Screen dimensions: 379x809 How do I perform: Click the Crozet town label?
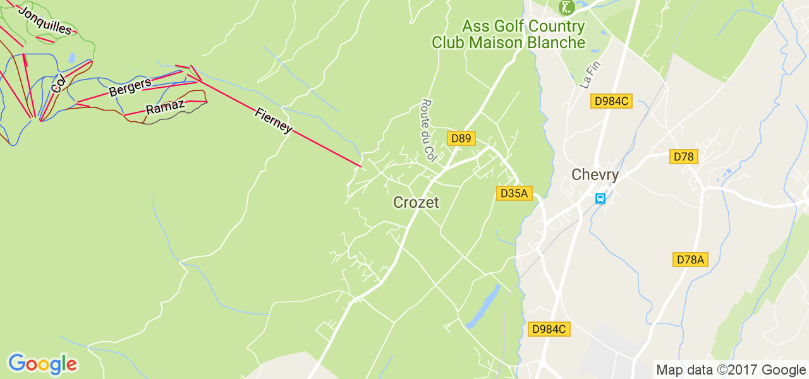(416, 202)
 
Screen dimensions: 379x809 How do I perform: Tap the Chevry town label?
(595, 175)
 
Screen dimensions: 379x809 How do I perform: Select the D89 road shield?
(461, 138)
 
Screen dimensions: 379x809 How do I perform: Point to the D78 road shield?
(684, 157)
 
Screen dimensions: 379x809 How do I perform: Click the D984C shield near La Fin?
(611, 101)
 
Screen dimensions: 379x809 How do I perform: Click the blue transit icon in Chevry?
(600, 198)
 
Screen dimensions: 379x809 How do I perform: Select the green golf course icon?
(566, 8)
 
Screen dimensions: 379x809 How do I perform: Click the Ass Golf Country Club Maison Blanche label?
(509, 35)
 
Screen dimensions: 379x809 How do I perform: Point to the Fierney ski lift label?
(274, 121)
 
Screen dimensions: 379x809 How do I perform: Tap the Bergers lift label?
(130, 87)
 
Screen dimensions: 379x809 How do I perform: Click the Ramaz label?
(166, 107)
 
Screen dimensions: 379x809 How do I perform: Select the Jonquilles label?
(45, 21)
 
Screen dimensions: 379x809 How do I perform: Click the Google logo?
(42, 364)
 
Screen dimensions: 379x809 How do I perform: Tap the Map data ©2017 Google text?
(731, 370)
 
